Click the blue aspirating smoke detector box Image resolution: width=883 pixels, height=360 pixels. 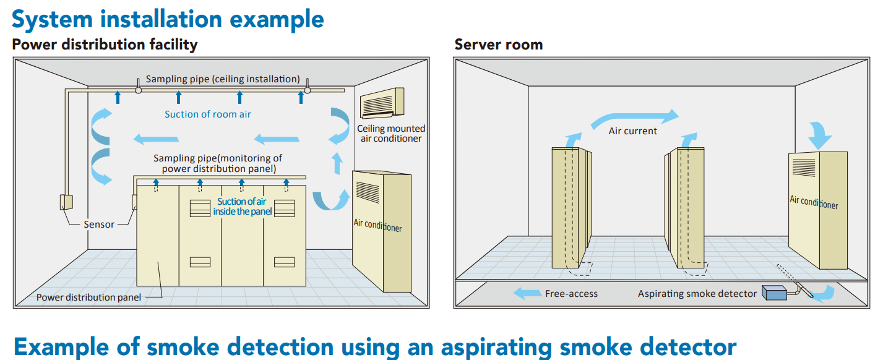(x=773, y=293)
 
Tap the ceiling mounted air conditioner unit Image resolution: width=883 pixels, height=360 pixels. (x=382, y=102)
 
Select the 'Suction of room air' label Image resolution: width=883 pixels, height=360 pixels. (x=208, y=114)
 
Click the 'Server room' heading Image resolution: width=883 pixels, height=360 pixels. (x=498, y=45)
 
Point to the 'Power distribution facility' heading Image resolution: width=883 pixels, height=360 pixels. (x=105, y=45)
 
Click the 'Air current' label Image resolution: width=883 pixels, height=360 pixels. (x=632, y=131)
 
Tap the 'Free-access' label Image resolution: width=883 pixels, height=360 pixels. (x=571, y=294)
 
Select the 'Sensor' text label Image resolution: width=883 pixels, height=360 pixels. (x=99, y=225)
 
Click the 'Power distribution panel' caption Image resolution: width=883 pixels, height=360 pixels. (x=88, y=298)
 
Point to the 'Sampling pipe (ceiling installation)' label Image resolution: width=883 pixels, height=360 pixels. (x=223, y=79)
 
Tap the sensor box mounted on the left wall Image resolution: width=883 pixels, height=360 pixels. (x=66, y=202)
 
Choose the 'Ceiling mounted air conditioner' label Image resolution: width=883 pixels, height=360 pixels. (x=391, y=134)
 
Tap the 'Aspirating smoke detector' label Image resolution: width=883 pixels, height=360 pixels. (x=697, y=294)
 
